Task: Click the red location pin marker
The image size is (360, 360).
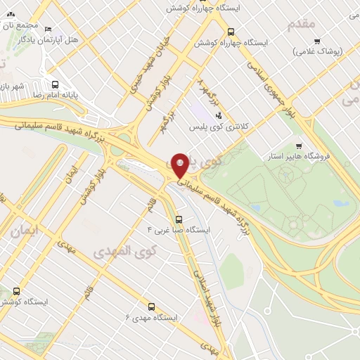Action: pyautogui.click(x=180, y=166)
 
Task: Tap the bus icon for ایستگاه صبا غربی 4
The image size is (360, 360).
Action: pyautogui.click(x=179, y=218)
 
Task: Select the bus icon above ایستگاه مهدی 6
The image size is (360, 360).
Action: pyautogui.click(x=150, y=306)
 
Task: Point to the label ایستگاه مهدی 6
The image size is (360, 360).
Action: pyautogui.click(x=151, y=318)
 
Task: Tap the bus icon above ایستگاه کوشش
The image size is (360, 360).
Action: pyautogui.click(x=16, y=291)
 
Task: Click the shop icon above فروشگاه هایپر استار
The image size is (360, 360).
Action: pyautogui.click(x=299, y=146)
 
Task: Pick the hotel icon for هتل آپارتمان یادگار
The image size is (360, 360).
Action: pyautogui.click(x=48, y=30)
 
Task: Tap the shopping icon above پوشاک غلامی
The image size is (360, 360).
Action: pyautogui.click(x=317, y=41)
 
